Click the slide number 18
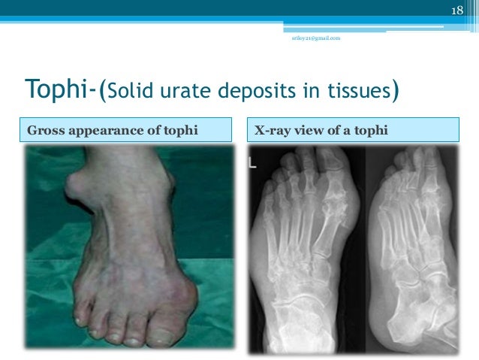click(x=456, y=10)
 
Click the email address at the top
click(x=315, y=38)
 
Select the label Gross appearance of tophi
click(x=112, y=131)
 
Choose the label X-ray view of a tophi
click(x=321, y=131)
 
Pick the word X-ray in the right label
click(x=270, y=131)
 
